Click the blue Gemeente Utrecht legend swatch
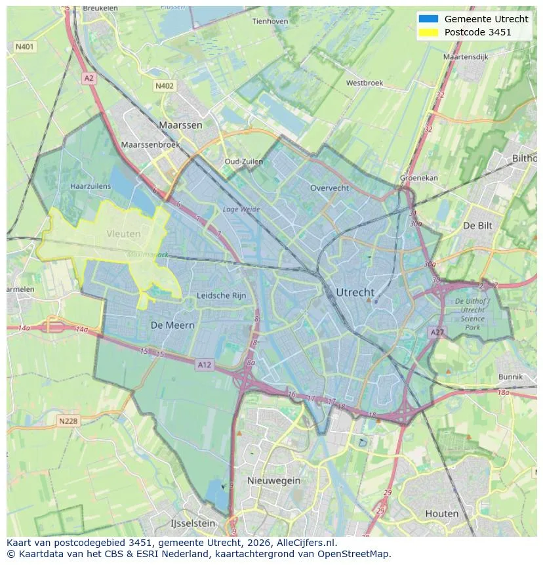click(x=428, y=19)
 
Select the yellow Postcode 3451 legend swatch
click(x=428, y=32)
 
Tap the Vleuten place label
click(x=123, y=234)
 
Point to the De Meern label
click(x=172, y=325)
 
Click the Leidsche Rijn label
click(x=222, y=296)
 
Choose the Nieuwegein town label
click(x=273, y=480)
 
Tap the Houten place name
click(x=442, y=513)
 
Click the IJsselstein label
click(x=193, y=524)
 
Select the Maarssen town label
click(x=180, y=125)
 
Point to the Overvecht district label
click(x=330, y=188)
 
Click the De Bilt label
click(x=477, y=225)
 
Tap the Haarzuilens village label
click(x=90, y=186)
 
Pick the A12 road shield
click(x=205, y=364)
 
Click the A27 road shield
click(x=437, y=333)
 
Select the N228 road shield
click(x=68, y=421)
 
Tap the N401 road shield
click(x=24, y=47)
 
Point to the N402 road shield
click(x=165, y=86)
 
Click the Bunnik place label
click(x=510, y=377)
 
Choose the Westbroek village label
click(x=365, y=83)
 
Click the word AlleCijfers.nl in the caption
click(x=307, y=543)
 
